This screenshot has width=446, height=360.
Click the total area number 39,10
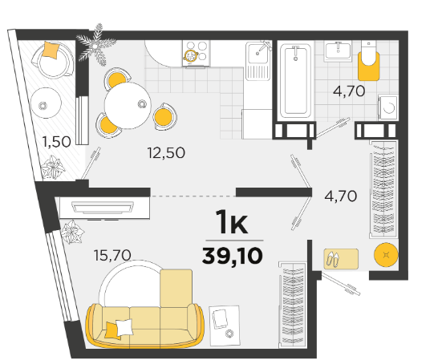(x=232, y=256)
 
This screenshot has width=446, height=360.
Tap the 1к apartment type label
(x=232, y=222)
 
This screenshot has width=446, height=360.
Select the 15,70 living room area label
(x=112, y=255)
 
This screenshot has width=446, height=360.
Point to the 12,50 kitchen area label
(x=166, y=152)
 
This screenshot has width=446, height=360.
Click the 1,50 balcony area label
(x=56, y=142)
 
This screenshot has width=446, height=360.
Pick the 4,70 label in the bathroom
(x=349, y=91)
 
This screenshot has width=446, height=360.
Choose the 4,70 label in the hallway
(x=341, y=196)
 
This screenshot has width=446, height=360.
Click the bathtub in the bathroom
(x=295, y=80)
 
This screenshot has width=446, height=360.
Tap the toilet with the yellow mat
(x=369, y=61)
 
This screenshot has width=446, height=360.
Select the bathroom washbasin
(x=338, y=51)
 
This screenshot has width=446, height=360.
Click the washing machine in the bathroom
(x=388, y=107)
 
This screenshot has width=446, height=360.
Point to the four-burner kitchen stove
(x=197, y=53)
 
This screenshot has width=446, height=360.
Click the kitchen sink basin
(x=257, y=53)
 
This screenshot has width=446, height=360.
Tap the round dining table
(x=128, y=105)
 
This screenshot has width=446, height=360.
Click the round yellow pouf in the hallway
(x=386, y=254)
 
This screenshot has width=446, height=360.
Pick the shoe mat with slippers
(x=341, y=259)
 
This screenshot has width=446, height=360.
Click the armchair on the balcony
(x=53, y=59)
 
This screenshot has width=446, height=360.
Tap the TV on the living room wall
(x=103, y=208)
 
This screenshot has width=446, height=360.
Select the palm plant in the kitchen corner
(x=95, y=45)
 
